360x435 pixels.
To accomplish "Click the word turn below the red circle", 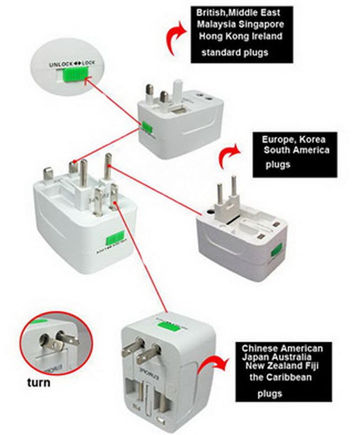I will tap(38, 383).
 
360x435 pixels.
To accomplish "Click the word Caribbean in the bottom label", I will tap(289, 378).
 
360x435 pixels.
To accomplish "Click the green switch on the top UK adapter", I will tap(147, 127).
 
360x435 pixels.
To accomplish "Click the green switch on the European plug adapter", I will tap(276, 251).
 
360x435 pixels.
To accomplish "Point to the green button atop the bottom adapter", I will tap(169, 325).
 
